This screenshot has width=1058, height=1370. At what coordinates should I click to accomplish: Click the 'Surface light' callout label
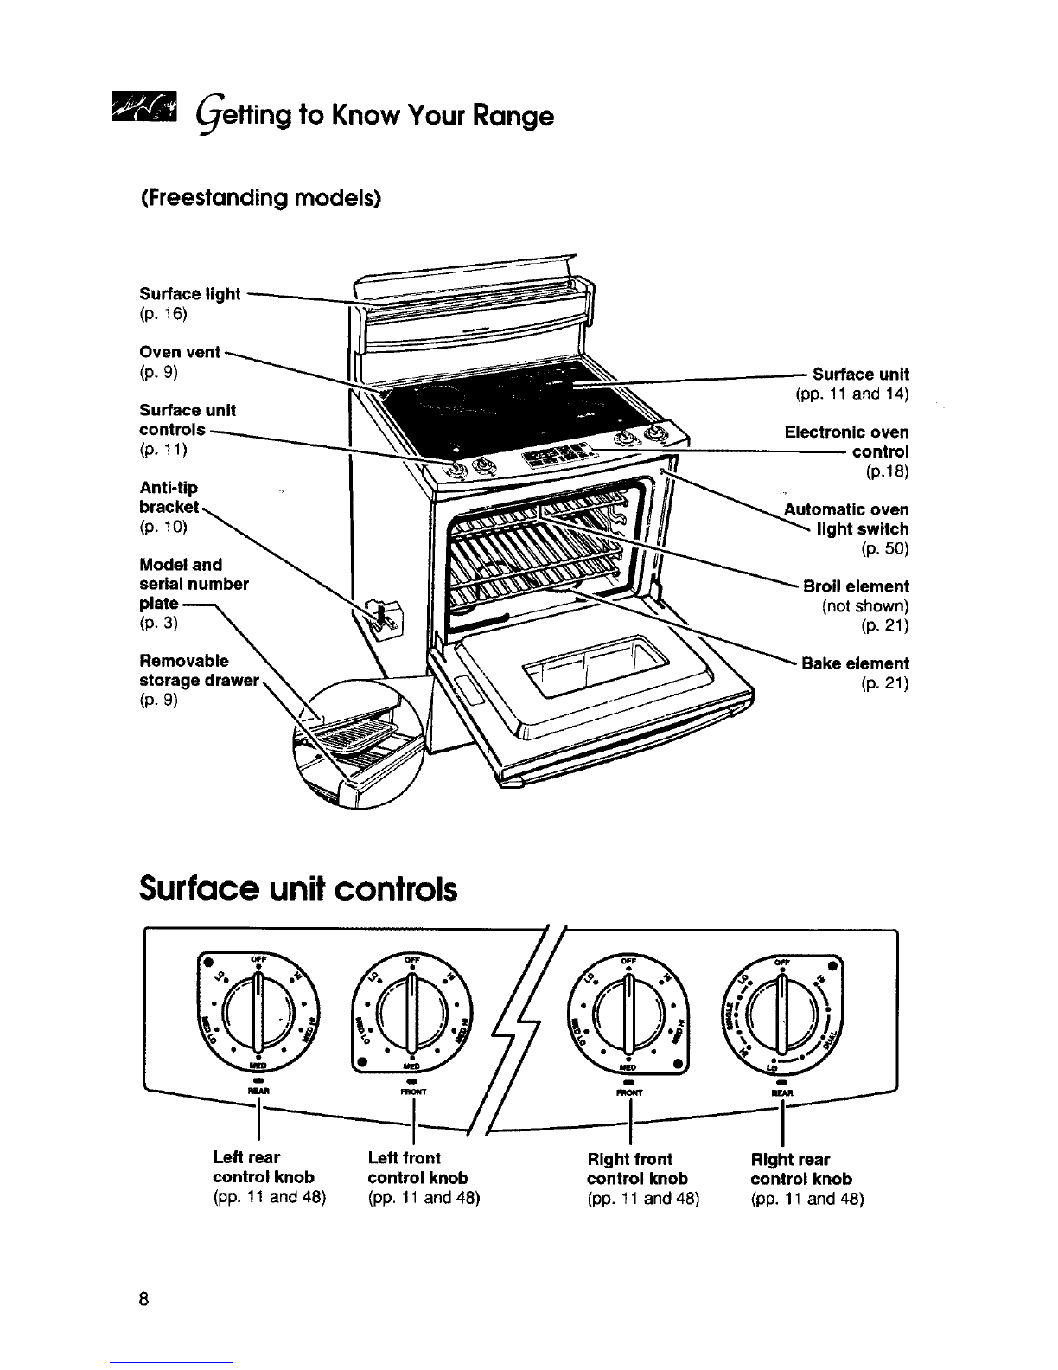(x=190, y=294)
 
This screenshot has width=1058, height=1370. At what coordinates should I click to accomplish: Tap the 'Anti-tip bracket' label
(x=169, y=498)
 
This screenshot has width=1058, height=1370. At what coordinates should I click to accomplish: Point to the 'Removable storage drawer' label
(x=200, y=670)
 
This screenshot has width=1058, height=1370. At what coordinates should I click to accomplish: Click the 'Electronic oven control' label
(x=846, y=442)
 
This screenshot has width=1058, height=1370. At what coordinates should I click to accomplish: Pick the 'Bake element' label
(x=855, y=663)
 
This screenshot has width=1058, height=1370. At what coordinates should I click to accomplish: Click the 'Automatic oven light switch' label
(x=846, y=519)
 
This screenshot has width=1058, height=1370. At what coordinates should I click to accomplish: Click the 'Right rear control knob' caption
(x=801, y=1168)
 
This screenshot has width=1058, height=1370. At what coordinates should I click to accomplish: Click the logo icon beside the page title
(x=151, y=113)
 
